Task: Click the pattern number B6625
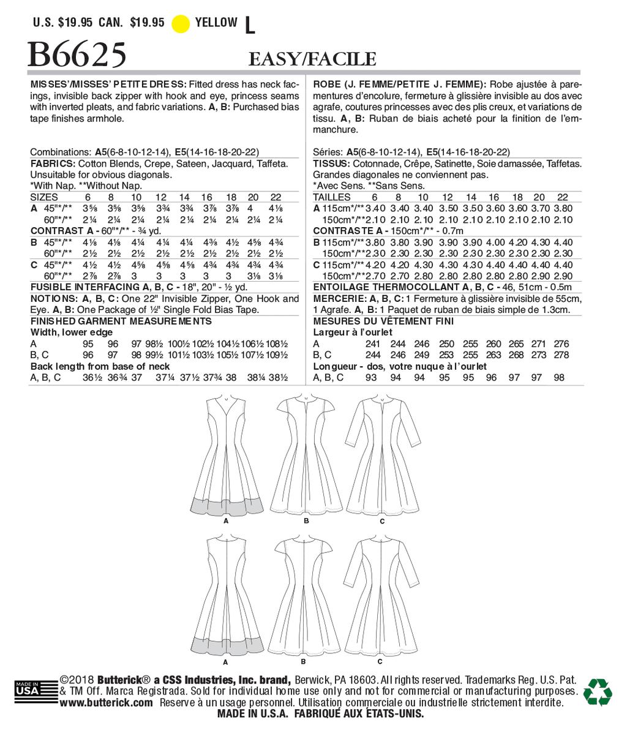point(78,54)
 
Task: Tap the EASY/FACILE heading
point(312,59)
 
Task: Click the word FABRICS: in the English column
point(53,164)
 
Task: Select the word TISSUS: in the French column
point(331,164)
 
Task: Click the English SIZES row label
point(44,197)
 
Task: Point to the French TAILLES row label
point(331,197)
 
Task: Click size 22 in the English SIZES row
point(276,197)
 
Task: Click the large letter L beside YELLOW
point(249,24)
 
